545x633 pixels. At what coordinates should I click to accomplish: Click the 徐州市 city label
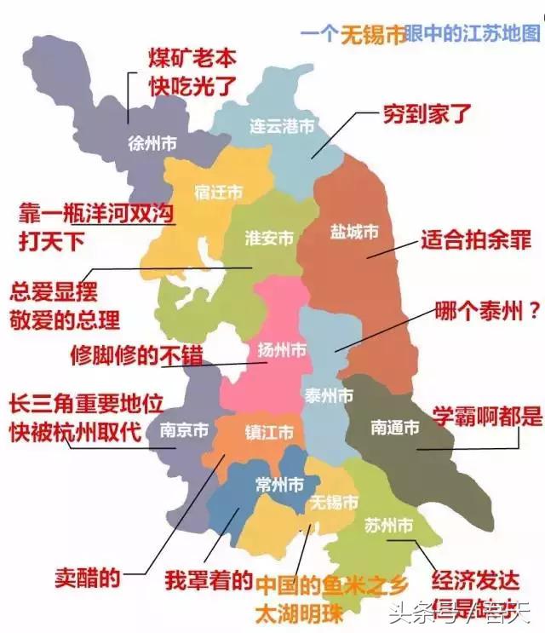pyautogui.click(x=152, y=144)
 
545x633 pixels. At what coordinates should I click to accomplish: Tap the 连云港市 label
pyautogui.click(x=282, y=126)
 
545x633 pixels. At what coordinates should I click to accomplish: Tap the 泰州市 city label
pyautogui.click(x=329, y=396)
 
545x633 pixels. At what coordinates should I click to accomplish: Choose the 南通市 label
pyautogui.click(x=395, y=428)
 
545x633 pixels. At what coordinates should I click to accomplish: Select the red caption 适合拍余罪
pyautogui.click(x=476, y=240)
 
